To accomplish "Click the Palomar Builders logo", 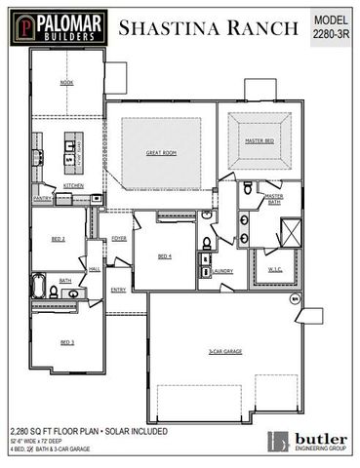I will (x=57, y=26).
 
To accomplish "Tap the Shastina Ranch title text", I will (x=208, y=28).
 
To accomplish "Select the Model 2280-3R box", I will (x=331, y=26).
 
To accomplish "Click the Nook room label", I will (x=66, y=83).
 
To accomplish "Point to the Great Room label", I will (x=161, y=153).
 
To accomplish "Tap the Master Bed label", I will (x=258, y=141).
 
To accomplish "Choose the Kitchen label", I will (x=73, y=185).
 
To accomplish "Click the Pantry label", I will (x=42, y=198).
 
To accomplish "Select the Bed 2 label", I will (x=58, y=239).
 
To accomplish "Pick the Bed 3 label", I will (x=66, y=341).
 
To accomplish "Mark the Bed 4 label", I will (x=165, y=257).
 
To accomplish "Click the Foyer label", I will (x=119, y=238).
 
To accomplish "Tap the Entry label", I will (x=118, y=290).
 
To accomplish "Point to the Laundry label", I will (x=222, y=271).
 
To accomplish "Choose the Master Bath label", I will (x=274, y=199).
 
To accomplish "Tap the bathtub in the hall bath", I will (x=39, y=288).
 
